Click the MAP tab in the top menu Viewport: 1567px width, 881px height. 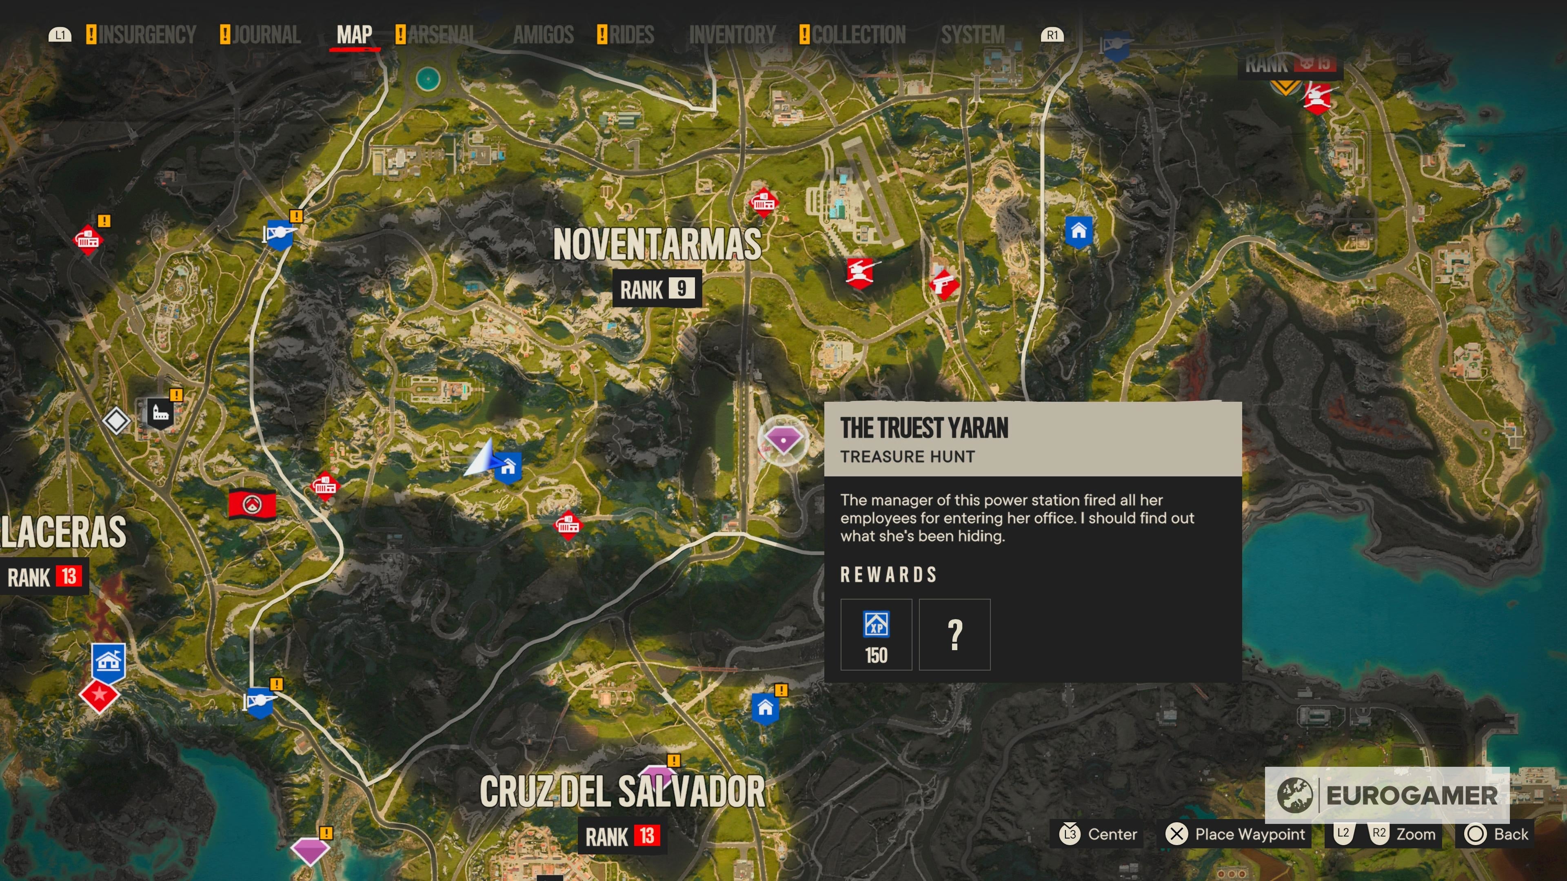tap(354, 35)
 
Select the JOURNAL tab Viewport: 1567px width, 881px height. tap(266, 35)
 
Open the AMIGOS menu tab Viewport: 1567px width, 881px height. tap(543, 35)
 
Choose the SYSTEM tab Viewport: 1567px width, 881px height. tap(972, 35)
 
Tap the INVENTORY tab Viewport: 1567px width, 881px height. tap(732, 35)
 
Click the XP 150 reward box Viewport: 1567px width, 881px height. tap(876, 634)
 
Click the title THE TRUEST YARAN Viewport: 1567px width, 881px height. tap(924, 428)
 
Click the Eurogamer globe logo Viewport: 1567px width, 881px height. tap(1294, 795)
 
